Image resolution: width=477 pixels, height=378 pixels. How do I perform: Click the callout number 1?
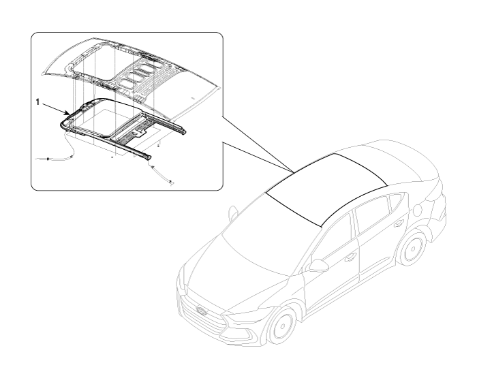click(37, 102)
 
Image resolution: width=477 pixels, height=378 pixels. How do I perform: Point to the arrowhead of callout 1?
click(67, 114)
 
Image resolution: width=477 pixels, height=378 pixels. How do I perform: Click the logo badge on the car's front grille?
click(202, 311)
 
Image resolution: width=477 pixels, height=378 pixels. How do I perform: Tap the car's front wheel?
click(282, 327)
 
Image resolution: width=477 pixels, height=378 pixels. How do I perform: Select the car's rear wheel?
click(413, 249)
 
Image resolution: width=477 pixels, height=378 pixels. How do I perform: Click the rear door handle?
click(397, 225)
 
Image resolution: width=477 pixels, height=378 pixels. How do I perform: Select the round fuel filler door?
click(418, 210)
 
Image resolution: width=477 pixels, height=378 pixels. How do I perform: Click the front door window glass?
click(333, 240)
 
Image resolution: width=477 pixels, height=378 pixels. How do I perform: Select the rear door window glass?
click(372, 217)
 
